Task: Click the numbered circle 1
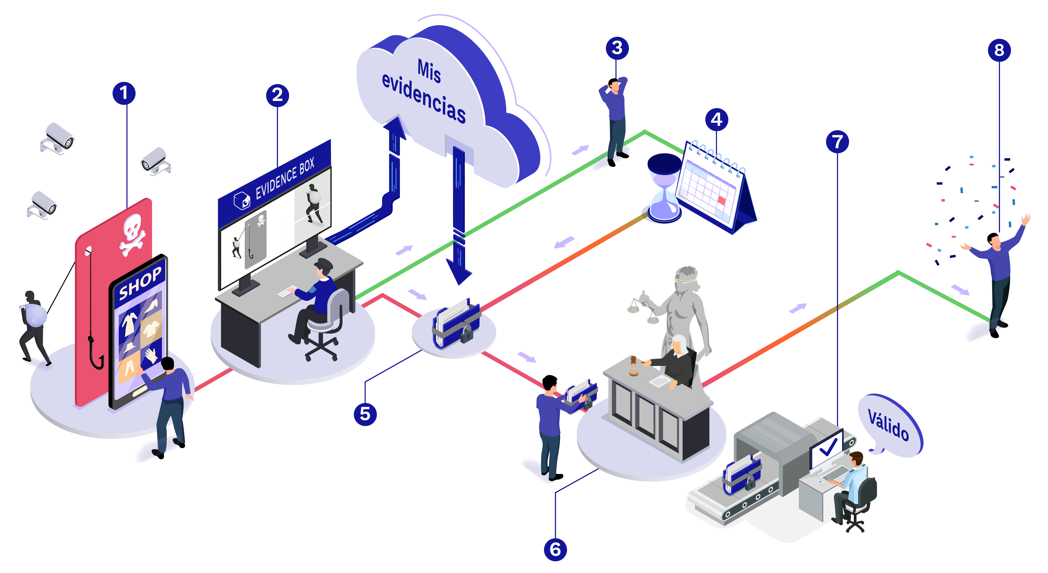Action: tap(124, 93)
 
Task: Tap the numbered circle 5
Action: tap(365, 414)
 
